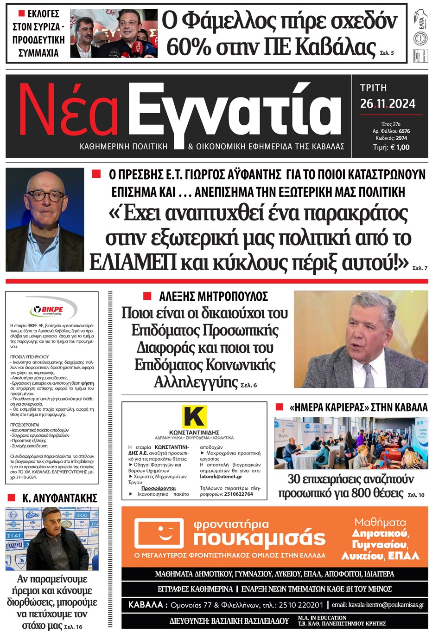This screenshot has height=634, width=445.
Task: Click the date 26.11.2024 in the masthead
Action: point(388,104)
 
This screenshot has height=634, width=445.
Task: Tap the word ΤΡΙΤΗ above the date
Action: point(373,88)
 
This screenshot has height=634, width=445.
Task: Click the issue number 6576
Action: point(404,131)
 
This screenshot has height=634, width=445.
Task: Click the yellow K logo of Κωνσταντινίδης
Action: point(194,416)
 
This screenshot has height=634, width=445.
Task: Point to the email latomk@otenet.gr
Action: point(221,477)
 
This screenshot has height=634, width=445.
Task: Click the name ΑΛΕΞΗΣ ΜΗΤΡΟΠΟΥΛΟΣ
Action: point(213,297)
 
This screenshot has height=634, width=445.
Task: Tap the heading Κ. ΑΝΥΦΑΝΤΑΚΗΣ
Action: point(60,498)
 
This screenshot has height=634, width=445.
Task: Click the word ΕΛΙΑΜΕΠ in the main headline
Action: point(133,262)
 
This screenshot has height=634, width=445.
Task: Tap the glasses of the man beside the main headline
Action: point(45,196)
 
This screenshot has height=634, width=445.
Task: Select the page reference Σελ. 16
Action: point(73,627)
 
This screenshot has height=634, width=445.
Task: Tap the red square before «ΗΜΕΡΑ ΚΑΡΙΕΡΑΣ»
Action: point(279,407)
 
